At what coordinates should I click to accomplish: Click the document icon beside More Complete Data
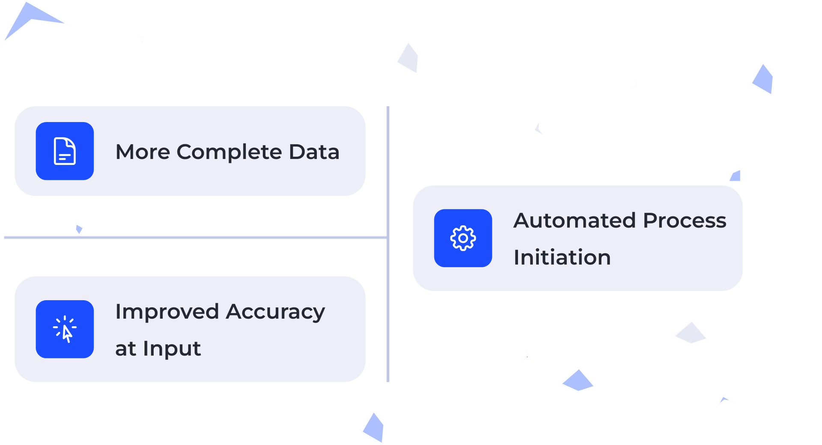pyautogui.click(x=65, y=151)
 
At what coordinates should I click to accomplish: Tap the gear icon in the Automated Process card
pyautogui.click(x=463, y=238)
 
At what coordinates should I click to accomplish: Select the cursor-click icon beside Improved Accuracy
pyautogui.click(x=65, y=329)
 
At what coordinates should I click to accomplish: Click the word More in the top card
pyautogui.click(x=143, y=152)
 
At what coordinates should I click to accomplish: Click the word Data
pyautogui.click(x=314, y=152)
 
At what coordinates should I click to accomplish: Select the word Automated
pyautogui.click(x=575, y=221)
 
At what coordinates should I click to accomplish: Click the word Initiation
pyautogui.click(x=562, y=257)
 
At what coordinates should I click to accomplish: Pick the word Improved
pyautogui.click(x=167, y=312)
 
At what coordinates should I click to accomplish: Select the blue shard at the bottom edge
pyautogui.click(x=373, y=426)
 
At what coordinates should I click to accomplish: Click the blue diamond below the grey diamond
pyautogui.click(x=578, y=380)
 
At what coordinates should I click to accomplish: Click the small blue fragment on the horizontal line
pyautogui.click(x=79, y=228)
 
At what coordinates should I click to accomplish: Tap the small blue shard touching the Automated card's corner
pyautogui.click(x=736, y=176)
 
